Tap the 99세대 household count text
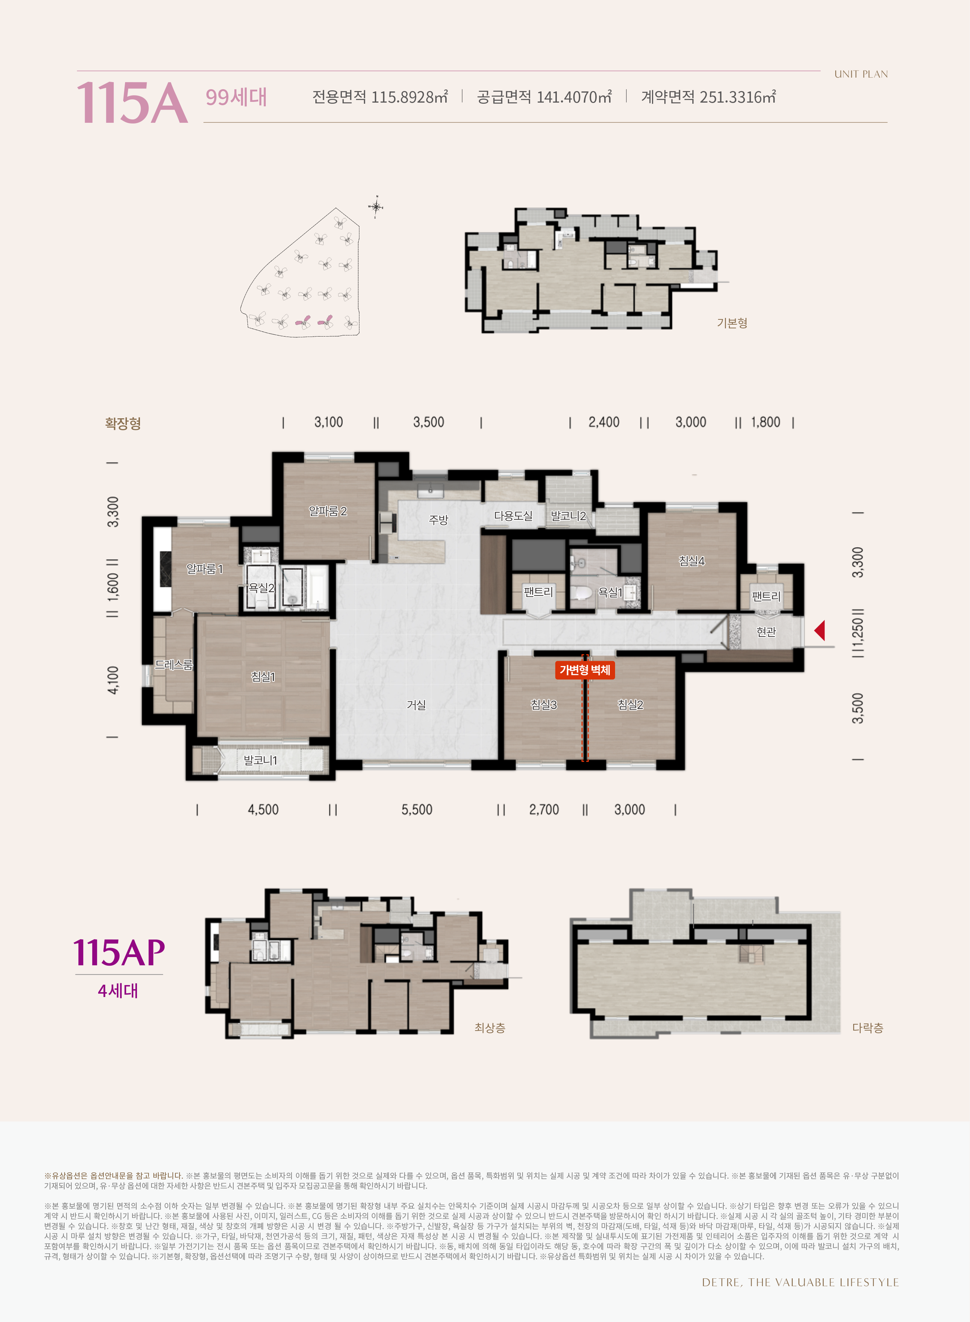(236, 97)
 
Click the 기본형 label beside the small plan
(732, 323)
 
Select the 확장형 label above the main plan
(123, 423)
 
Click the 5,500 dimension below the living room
(417, 810)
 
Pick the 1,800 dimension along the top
(766, 422)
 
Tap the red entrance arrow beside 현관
(819, 631)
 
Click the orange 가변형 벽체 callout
(585, 670)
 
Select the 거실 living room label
(416, 704)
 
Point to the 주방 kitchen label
(439, 519)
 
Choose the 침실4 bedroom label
(692, 560)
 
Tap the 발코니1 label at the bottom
(260, 760)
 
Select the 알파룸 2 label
(328, 511)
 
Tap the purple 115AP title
(119, 952)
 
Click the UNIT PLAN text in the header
(861, 74)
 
